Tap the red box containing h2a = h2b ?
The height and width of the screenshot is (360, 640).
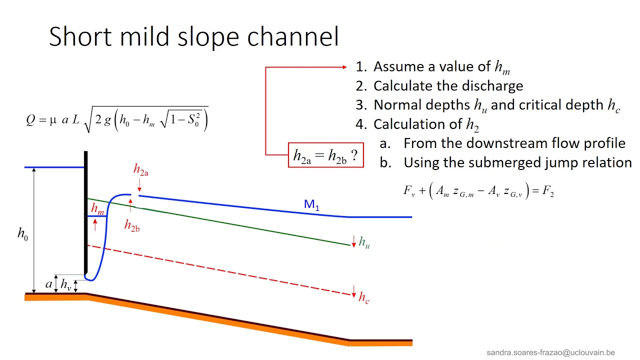click(325, 155)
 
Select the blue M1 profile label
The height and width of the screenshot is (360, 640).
click(311, 204)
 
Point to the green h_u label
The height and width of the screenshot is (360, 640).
click(364, 242)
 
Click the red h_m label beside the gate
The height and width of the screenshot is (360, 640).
click(97, 208)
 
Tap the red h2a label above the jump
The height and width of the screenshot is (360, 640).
click(140, 170)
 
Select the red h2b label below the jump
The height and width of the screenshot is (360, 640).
click(132, 225)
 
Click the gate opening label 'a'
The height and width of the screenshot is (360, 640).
click(48, 284)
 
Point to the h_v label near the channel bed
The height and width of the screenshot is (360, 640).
click(65, 285)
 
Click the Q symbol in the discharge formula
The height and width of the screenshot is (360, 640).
click(30, 120)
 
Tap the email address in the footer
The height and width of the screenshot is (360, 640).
click(550, 352)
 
